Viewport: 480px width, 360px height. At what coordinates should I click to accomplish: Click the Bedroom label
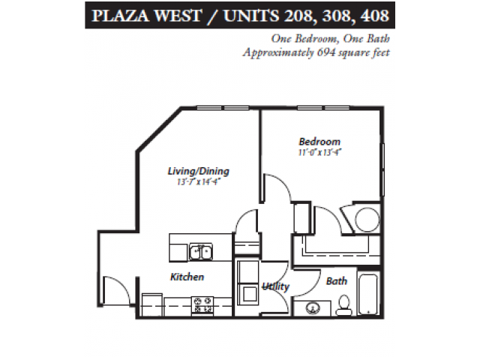(x=319, y=142)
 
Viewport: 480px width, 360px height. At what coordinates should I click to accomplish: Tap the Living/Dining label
(x=198, y=171)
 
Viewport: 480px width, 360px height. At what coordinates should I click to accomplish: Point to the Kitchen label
(x=187, y=277)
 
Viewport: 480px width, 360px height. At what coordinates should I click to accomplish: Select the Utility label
(x=276, y=286)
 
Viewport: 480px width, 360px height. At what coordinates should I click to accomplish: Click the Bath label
(x=336, y=281)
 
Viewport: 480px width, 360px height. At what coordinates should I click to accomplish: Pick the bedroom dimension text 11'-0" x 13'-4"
(x=319, y=152)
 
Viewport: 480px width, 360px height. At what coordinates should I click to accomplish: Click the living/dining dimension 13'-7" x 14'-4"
(x=198, y=181)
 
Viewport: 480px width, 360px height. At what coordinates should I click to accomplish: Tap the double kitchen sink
(x=199, y=252)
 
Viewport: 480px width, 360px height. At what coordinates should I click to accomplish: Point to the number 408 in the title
(x=372, y=14)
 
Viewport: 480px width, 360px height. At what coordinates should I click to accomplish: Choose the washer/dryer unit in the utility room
(x=246, y=286)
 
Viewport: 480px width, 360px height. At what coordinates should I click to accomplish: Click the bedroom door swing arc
(x=279, y=196)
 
